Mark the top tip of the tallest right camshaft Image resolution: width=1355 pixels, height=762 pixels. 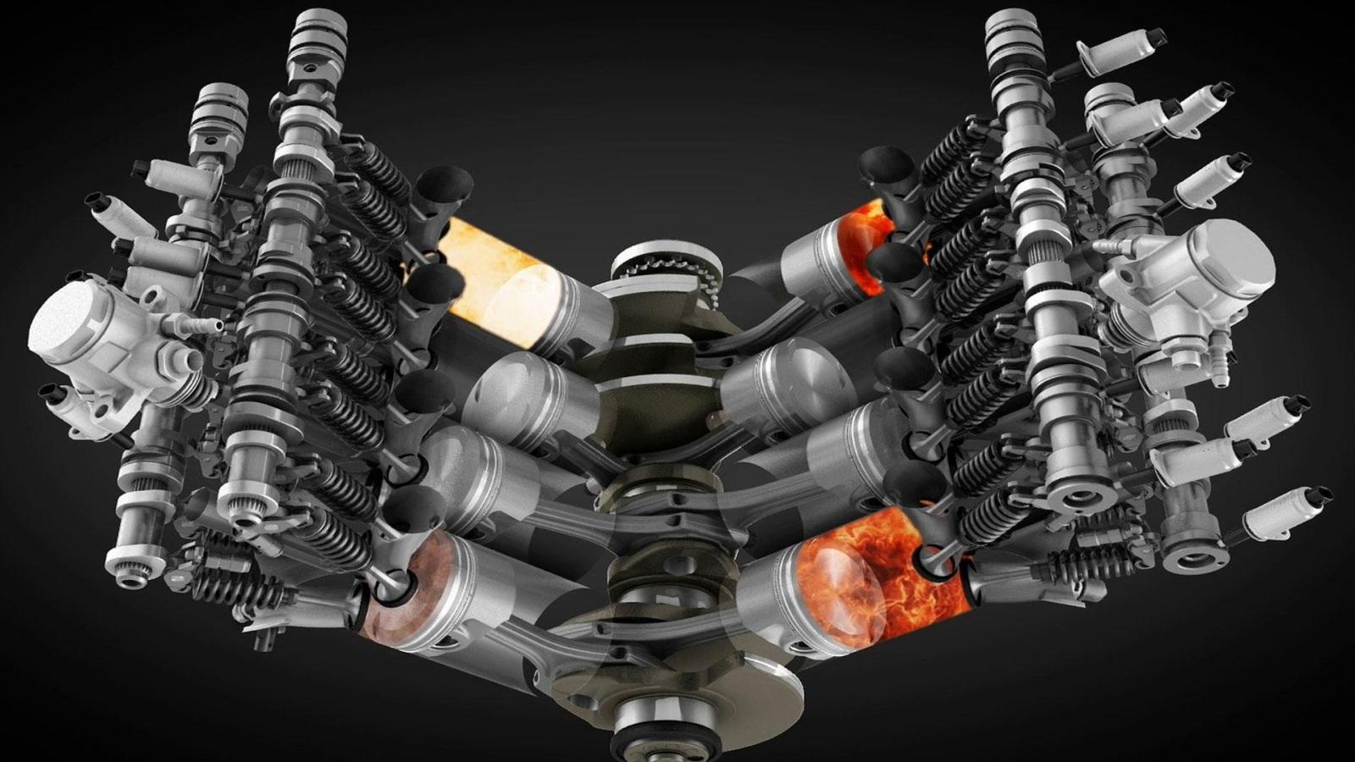[x=1008, y=21]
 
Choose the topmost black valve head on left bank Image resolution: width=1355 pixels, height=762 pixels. [x=444, y=182]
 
